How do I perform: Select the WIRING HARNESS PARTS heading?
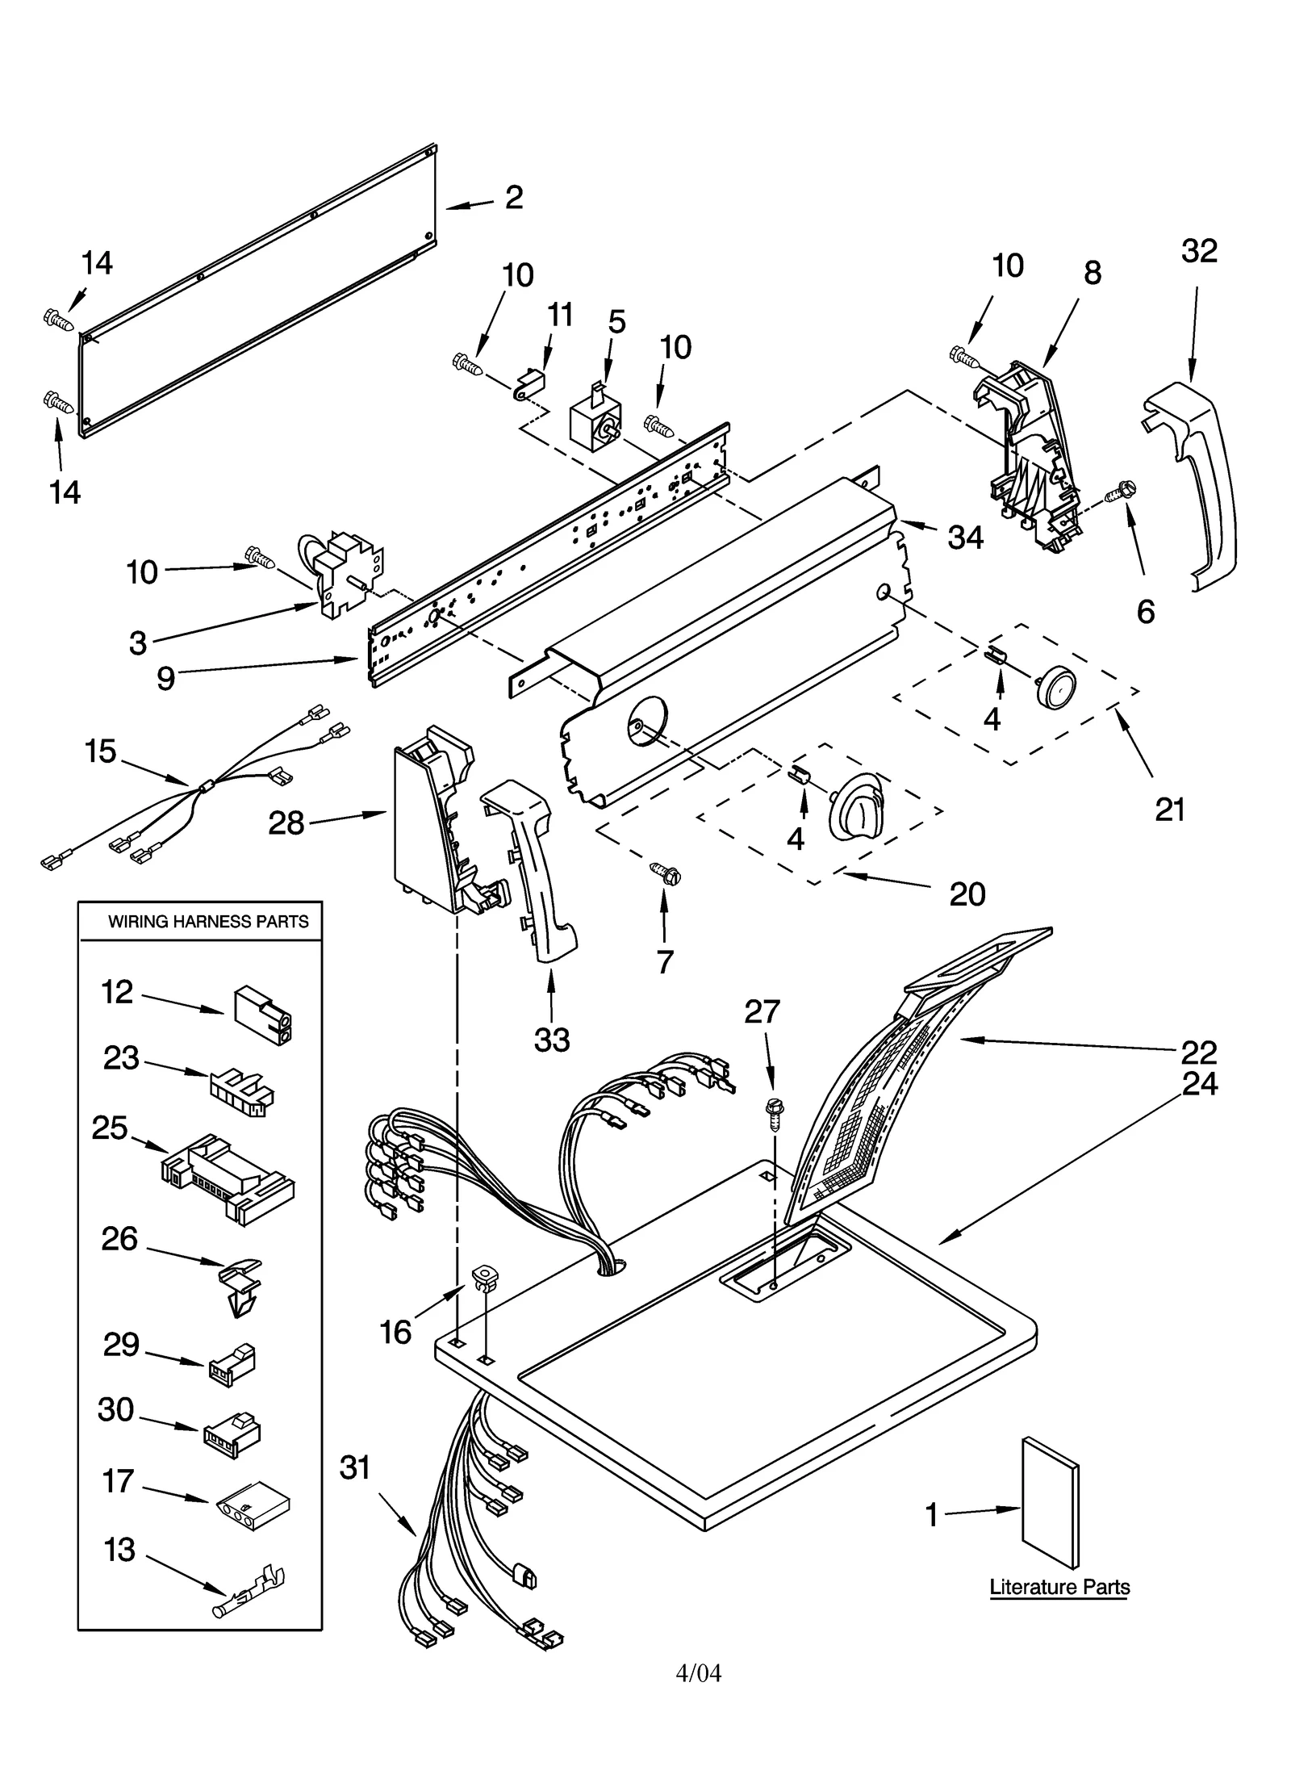click(208, 922)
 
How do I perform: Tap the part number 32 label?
click(1198, 251)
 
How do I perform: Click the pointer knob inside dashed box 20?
click(857, 804)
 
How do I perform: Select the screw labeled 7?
click(666, 873)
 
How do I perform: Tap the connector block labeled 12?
click(264, 1015)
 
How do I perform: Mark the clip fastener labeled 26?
click(240, 1286)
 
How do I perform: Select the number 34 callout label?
click(965, 537)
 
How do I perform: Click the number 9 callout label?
click(165, 679)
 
